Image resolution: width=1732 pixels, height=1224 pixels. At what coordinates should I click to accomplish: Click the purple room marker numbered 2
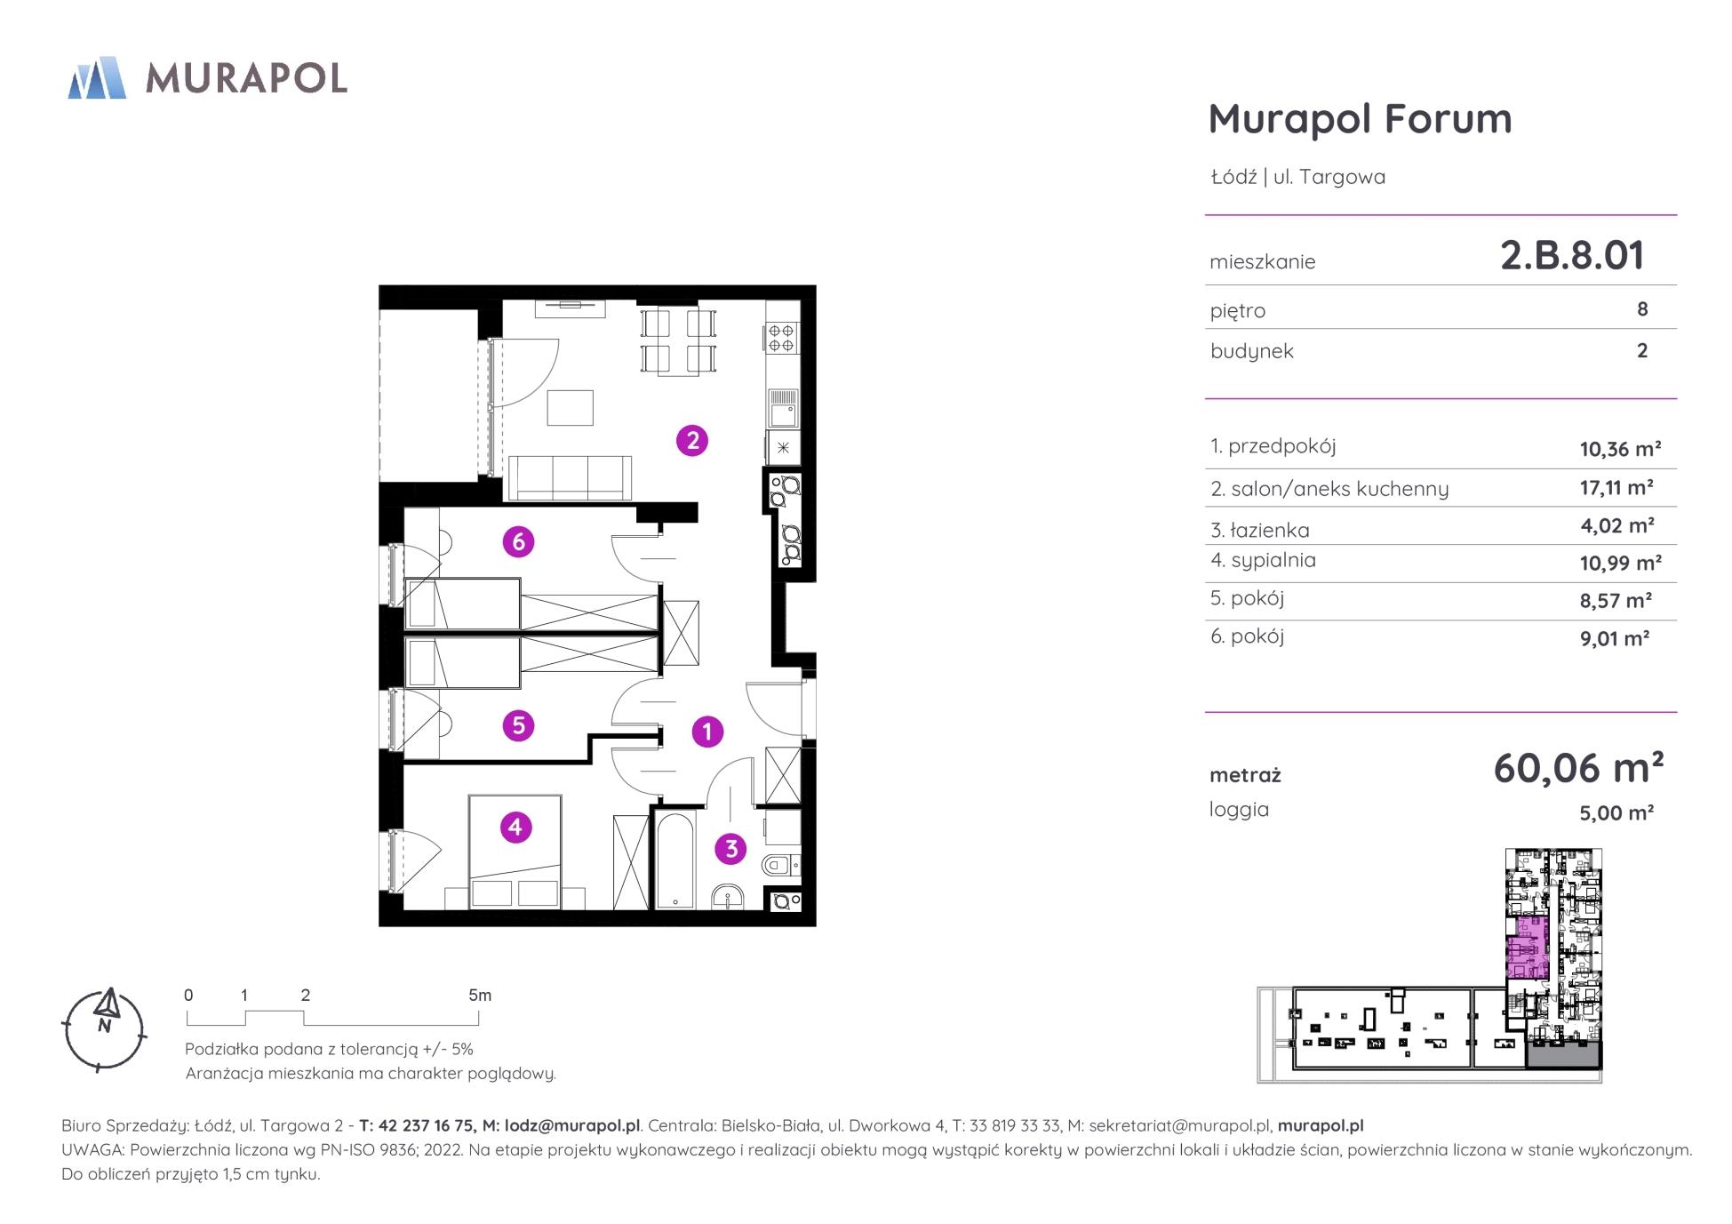[691, 440]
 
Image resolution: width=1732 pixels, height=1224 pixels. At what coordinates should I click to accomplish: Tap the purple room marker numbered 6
[518, 541]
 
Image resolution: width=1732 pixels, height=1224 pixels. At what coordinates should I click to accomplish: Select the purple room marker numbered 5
[518, 725]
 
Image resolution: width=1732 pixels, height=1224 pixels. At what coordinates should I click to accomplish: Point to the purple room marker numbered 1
[707, 732]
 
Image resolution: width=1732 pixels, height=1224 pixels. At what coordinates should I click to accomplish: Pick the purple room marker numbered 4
[515, 828]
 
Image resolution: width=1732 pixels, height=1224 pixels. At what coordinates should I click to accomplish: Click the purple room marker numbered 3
[731, 848]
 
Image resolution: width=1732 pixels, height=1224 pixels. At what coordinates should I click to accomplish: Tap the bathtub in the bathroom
[675, 860]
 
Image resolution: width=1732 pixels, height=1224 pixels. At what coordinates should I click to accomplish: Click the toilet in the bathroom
[781, 863]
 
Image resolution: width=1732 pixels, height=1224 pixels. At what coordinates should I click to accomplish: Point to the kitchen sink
[783, 409]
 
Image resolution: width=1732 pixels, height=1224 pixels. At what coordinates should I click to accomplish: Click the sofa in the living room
[568, 477]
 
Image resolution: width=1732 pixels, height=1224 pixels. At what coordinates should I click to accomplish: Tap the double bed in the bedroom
[515, 852]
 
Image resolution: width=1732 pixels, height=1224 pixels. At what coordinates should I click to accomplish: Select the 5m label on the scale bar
[480, 996]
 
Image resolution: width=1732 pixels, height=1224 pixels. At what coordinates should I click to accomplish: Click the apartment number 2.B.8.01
[1572, 255]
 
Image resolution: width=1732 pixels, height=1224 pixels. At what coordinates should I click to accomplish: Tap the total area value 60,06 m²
[1578, 768]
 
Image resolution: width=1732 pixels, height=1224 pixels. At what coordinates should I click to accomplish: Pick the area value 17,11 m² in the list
[1616, 487]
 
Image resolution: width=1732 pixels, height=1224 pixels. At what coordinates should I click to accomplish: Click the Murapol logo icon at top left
[97, 77]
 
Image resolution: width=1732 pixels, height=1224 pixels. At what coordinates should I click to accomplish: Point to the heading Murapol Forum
[1360, 118]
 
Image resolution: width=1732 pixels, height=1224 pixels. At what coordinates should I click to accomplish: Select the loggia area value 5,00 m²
[1616, 812]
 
